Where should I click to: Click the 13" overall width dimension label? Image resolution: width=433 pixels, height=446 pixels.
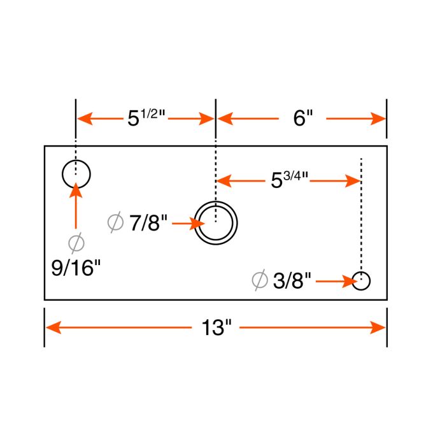(x=216, y=328)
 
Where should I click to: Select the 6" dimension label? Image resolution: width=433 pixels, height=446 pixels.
(x=303, y=119)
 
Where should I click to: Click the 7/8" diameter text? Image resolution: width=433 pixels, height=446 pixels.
(x=148, y=224)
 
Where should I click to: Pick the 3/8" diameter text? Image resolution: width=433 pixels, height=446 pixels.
(x=292, y=280)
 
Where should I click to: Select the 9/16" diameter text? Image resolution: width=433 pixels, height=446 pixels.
(x=76, y=267)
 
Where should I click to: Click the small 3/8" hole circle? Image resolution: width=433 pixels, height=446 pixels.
(x=362, y=280)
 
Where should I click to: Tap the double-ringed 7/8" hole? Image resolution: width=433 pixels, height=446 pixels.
(x=216, y=222)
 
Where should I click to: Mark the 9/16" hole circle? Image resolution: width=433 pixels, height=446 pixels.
(x=76, y=173)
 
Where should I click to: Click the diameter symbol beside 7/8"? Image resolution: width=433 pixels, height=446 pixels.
(x=115, y=223)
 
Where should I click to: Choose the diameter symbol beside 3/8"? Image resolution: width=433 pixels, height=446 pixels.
(x=259, y=280)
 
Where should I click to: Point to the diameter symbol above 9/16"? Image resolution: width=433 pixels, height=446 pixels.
(x=76, y=243)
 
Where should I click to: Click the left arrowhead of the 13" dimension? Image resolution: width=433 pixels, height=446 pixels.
(x=52, y=327)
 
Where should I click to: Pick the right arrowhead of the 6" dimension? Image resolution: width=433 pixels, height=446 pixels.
(x=378, y=119)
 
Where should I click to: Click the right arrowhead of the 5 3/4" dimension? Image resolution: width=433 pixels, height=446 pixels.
(x=353, y=181)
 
